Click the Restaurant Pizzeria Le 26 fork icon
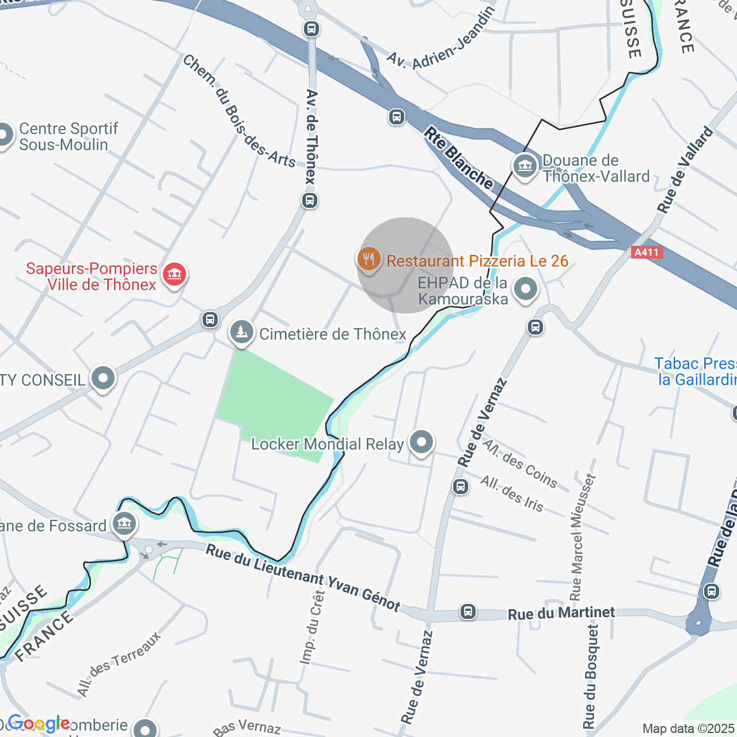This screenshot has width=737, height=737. tap(368, 259)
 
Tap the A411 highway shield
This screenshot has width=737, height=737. tap(647, 252)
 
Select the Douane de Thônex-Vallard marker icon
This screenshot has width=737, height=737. tap(525, 167)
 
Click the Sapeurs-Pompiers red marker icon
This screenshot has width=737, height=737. tap(174, 274)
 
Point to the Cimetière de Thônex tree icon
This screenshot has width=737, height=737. tap(242, 332)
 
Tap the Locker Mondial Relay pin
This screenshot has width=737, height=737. tap(421, 442)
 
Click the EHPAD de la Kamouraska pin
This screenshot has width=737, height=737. tap(526, 289)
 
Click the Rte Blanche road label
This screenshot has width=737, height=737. tap(458, 158)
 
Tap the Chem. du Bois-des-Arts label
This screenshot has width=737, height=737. tap(238, 111)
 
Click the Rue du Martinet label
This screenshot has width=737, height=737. tap(561, 613)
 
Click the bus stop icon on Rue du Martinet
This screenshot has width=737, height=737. tap(468, 611)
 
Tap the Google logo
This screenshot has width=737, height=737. tap(39, 723)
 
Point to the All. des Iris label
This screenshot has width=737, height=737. tap(511, 494)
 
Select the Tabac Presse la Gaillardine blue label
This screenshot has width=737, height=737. tap(696, 371)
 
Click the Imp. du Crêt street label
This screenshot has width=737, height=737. tap(312, 628)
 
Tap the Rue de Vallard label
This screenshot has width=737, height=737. tap(685, 170)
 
